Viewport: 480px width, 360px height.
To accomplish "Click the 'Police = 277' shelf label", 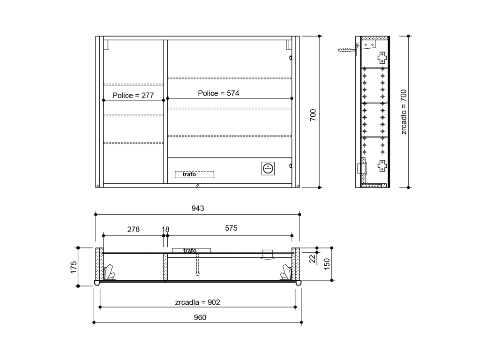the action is (x=133, y=96).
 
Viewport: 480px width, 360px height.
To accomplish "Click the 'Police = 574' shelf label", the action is (x=218, y=93).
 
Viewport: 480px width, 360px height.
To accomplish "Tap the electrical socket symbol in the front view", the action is (x=268, y=168).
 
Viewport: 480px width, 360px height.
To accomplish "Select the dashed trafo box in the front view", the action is (x=195, y=174).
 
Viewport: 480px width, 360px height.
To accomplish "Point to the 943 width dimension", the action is (x=198, y=209).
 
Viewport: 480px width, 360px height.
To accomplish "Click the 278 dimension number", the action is (x=134, y=230).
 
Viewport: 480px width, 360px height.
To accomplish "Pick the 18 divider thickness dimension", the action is (x=165, y=230).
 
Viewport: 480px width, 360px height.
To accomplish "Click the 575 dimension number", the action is (x=231, y=228).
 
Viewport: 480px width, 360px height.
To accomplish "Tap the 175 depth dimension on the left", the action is (x=74, y=267).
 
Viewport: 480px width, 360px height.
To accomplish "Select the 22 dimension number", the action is (x=312, y=259).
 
